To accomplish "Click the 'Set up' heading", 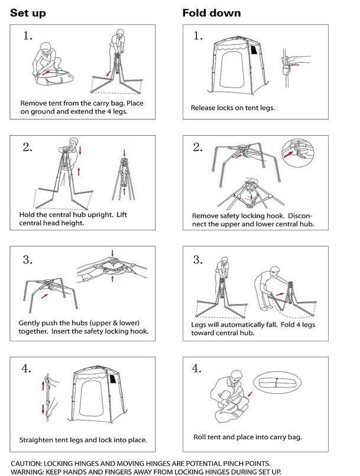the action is pos(28,14).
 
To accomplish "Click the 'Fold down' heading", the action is pos(212,13).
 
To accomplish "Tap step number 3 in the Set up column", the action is pos(28,260).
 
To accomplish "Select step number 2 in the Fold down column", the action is pos(198,147).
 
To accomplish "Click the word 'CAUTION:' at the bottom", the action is pos(27,464).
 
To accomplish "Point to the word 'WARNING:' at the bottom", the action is pos(27,472).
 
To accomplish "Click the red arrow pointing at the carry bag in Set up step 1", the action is pos(46,73).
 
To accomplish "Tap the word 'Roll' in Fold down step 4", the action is pos(199,437).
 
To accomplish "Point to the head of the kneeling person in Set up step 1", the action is pos(47,48).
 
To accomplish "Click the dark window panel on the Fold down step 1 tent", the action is pos(254,50).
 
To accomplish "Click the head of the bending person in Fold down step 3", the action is pos(274,271).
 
